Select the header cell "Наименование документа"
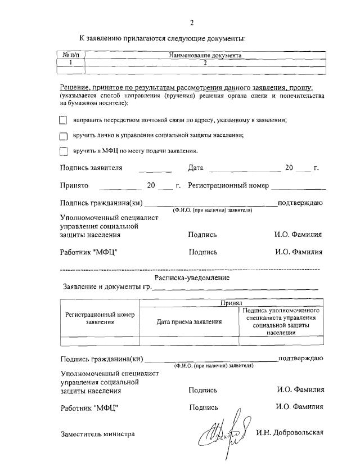205,56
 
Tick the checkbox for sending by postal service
64,120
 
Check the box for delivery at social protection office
64,136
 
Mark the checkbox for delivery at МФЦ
64,151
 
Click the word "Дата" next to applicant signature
196,168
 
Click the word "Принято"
75,185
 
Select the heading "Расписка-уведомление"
192,277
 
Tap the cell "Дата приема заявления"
189,321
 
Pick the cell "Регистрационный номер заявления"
100,319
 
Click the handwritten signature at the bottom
223,434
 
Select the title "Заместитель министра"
97,433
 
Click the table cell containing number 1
70,63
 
